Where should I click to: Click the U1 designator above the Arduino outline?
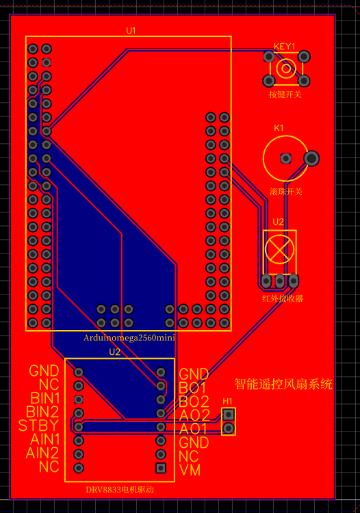(131, 31)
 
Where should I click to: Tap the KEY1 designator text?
(285, 47)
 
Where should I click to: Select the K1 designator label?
(279, 128)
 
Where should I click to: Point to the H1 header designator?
(227, 401)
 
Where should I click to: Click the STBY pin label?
(38, 425)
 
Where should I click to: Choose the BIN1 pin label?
(45, 399)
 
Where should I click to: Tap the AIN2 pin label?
(42, 453)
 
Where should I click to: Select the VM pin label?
(190, 471)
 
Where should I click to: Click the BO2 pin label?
(194, 402)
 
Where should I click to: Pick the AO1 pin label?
(193, 429)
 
